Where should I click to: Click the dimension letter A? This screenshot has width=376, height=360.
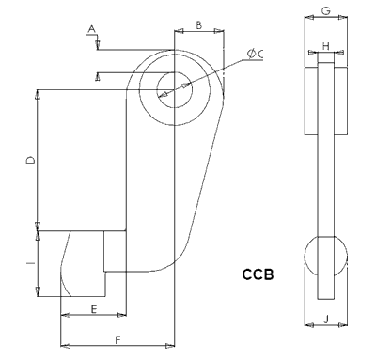[91, 29]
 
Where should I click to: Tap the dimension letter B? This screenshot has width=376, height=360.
[199, 25]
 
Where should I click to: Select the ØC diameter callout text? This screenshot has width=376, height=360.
[255, 54]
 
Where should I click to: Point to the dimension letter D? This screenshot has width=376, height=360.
[31, 161]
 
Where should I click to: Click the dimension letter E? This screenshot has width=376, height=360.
[94, 309]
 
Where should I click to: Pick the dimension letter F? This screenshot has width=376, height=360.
[117, 340]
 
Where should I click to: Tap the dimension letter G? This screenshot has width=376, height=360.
[326, 11]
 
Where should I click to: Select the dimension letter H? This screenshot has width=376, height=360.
[326, 46]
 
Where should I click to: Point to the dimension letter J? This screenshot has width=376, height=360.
[326, 320]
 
